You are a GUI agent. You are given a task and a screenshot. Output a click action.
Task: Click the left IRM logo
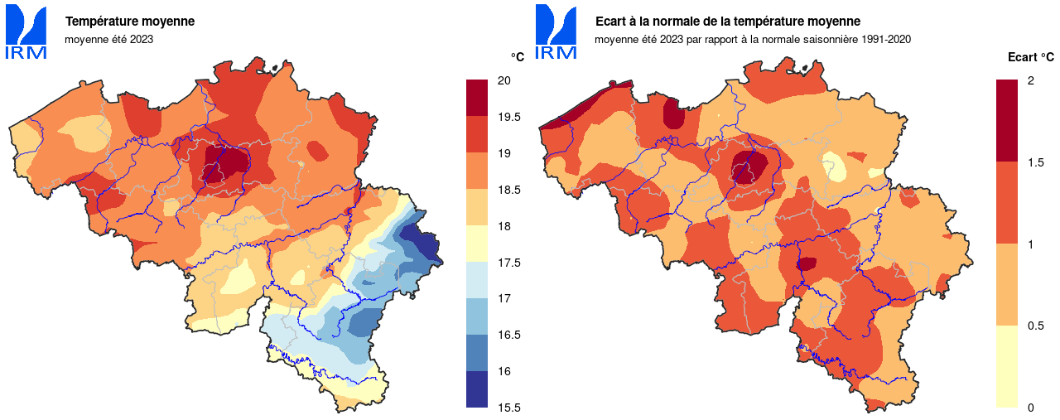(26, 32)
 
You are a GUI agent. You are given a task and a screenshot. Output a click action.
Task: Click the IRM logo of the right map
(556, 32)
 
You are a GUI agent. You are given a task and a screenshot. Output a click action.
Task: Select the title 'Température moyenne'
(130, 22)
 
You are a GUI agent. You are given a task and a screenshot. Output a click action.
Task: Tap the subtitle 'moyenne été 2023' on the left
(109, 39)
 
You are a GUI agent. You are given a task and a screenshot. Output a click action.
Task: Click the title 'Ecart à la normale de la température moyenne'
(728, 22)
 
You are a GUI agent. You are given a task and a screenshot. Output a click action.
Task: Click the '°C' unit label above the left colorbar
(517, 57)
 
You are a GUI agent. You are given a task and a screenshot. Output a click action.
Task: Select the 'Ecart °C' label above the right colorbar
(1030, 57)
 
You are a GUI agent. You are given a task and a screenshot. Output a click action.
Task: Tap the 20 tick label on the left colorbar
(503, 80)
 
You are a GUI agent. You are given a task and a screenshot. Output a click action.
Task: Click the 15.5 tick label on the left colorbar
(508, 408)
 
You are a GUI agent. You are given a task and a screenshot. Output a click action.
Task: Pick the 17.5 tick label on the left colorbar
(508, 263)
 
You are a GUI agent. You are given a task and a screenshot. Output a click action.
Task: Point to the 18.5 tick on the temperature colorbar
(508, 190)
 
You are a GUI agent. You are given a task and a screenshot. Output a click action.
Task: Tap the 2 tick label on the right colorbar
(1030, 80)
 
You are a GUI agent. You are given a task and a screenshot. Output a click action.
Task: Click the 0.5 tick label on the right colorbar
(1034, 326)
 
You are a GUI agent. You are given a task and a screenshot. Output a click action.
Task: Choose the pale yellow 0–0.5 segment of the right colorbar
(1006, 366)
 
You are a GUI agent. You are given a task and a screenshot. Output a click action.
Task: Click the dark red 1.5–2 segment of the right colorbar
(1006, 121)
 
